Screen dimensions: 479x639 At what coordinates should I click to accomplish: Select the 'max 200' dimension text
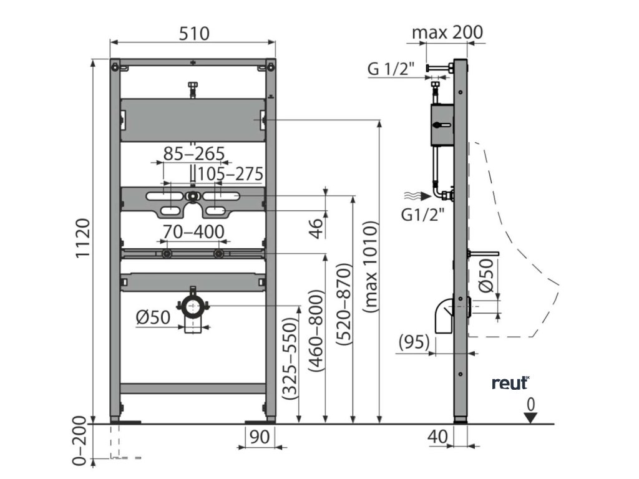point(447,31)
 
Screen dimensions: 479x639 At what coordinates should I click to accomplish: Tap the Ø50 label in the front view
point(153,317)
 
